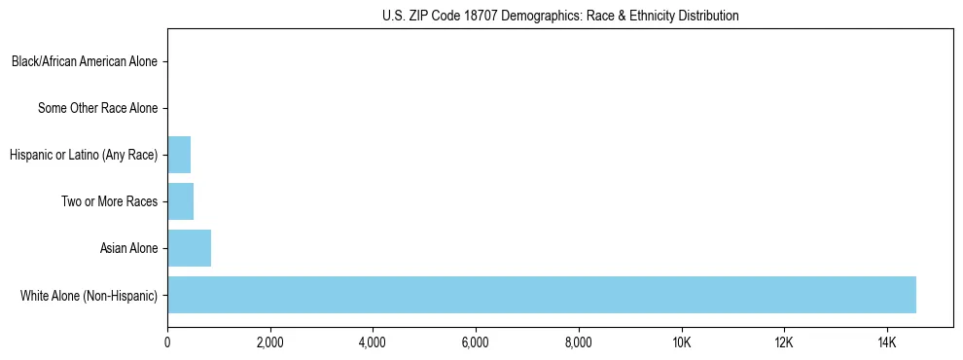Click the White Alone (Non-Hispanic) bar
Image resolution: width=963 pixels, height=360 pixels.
(x=541, y=295)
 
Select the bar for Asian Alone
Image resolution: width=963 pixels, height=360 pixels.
(x=189, y=248)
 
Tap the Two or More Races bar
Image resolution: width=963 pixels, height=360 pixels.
(x=180, y=201)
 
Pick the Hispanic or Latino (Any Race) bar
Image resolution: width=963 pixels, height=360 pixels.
(x=179, y=155)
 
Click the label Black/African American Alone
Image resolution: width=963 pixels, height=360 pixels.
(x=85, y=62)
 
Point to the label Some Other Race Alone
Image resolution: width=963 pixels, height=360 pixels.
(x=97, y=108)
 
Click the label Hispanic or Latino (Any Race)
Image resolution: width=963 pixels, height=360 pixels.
(x=83, y=155)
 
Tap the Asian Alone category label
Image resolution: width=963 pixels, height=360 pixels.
(x=128, y=248)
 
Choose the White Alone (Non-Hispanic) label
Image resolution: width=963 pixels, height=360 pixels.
(x=89, y=295)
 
